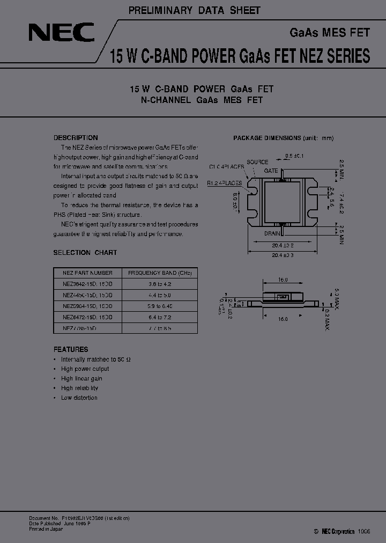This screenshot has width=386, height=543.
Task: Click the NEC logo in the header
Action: pyautogui.click(x=62, y=33)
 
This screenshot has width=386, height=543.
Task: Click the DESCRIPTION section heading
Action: pyautogui.click(x=76, y=138)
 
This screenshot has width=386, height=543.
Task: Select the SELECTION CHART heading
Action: pyautogui.click(x=85, y=253)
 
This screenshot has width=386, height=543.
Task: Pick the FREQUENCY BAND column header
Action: pyautogui.click(x=159, y=273)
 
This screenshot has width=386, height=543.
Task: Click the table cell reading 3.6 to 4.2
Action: pyautogui.click(x=159, y=283)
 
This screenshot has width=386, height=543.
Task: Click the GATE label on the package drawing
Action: pyautogui.click(x=271, y=170)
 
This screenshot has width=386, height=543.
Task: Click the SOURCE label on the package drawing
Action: pyautogui.click(x=257, y=162)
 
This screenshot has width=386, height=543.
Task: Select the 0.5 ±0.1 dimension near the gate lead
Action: pyautogui.click(x=294, y=156)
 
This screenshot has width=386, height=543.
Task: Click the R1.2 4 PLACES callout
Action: pyautogui.click(x=225, y=183)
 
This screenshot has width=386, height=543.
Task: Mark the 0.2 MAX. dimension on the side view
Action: pyautogui.click(x=326, y=321)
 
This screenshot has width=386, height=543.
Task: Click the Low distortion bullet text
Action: pyautogui.click(x=79, y=398)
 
